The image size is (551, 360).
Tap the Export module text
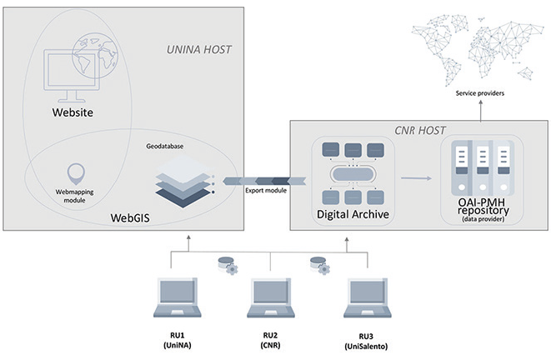pos(265,190)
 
